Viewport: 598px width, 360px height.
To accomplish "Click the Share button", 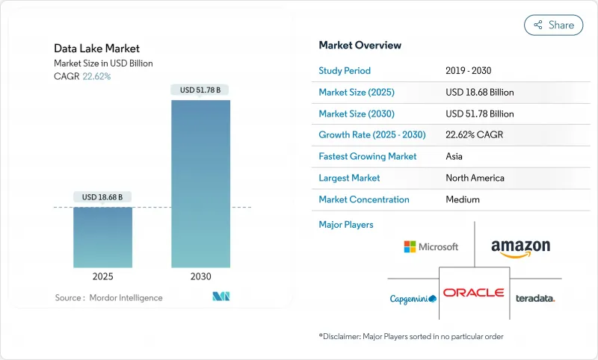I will click(553, 25).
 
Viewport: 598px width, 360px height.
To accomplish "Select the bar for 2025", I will click(102, 237).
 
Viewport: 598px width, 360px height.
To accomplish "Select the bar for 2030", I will click(200, 183).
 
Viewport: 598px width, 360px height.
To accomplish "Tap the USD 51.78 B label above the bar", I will click(200, 90).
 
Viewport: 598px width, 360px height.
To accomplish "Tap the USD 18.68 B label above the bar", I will click(102, 197).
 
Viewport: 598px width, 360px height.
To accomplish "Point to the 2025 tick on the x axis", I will click(102, 276).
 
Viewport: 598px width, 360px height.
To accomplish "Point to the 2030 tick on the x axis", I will click(200, 276).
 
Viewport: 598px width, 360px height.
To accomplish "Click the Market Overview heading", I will click(360, 46).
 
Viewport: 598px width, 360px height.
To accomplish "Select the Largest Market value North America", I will click(475, 178).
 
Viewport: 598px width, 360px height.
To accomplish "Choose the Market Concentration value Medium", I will click(462, 199).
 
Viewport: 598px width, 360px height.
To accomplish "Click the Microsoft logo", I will click(431, 246).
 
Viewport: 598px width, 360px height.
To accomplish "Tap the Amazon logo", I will click(520, 248).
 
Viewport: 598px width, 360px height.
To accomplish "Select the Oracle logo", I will click(473, 293).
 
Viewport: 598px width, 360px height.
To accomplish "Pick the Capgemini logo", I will click(413, 299).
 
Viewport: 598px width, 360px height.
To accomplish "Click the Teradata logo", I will click(535, 298).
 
